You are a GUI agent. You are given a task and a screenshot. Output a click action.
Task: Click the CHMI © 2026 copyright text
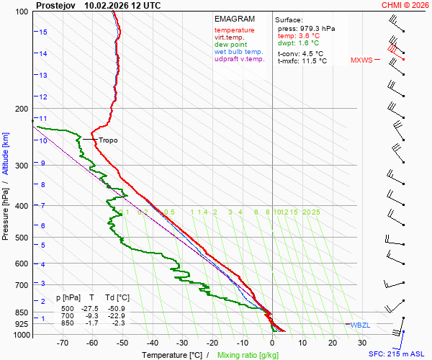pos(405,5)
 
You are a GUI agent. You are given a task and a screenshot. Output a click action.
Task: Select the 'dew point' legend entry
pos(230,45)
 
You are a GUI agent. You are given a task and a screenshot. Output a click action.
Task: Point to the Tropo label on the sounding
pos(108,140)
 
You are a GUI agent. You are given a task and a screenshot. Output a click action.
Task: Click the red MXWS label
pos(361,60)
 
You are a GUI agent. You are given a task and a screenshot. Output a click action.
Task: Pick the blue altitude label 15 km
pos(43,32)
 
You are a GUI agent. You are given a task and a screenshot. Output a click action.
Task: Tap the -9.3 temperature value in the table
pos(91,316)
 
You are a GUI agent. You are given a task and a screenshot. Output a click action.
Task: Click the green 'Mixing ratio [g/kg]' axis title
pos(248,355)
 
